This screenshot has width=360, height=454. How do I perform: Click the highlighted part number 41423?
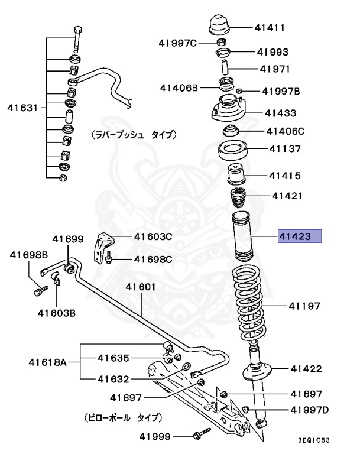point(300,237)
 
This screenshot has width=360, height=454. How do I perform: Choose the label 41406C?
point(285,131)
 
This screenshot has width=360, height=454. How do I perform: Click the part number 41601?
point(140,287)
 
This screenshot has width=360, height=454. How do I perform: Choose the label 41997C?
point(178,43)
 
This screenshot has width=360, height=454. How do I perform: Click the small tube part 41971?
point(225,66)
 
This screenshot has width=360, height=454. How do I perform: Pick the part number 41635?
point(113,357)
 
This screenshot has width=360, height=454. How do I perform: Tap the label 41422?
point(306,369)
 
